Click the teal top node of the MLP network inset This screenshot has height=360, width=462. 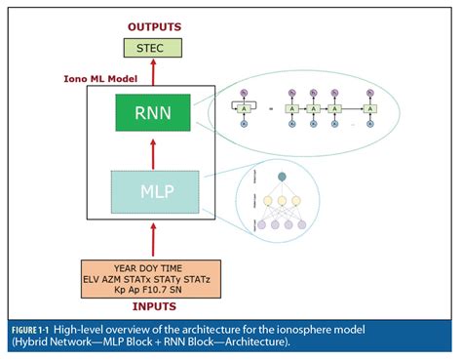pyautogui.click(x=281, y=176)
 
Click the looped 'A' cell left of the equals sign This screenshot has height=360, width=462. pyautogui.click(x=243, y=107)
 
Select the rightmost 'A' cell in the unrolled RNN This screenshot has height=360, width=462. pyautogui.click(x=371, y=107)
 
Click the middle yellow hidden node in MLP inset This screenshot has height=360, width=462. pyautogui.click(x=281, y=201)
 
